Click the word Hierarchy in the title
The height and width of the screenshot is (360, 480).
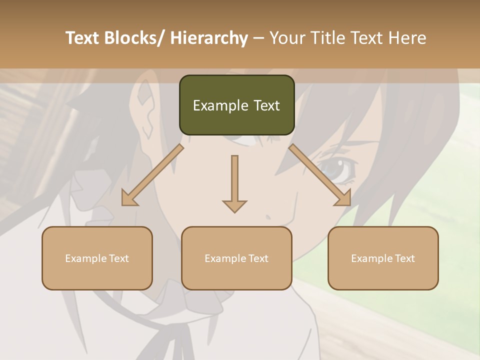pos(208,38)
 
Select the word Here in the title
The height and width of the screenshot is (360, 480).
pos(407,38)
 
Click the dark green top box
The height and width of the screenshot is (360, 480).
pos(236,105)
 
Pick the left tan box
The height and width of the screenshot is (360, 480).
pos(97,258)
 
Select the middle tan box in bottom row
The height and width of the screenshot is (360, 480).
pos(236,258)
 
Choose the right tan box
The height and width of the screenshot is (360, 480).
pos(383,258)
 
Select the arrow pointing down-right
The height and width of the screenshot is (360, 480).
pos(320,175)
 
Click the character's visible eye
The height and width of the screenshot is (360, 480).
pos(336,169)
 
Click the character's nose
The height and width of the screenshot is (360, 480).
pos(268,217)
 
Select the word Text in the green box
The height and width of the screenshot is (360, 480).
pos(266,105)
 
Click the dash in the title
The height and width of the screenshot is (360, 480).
pos(258,38)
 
